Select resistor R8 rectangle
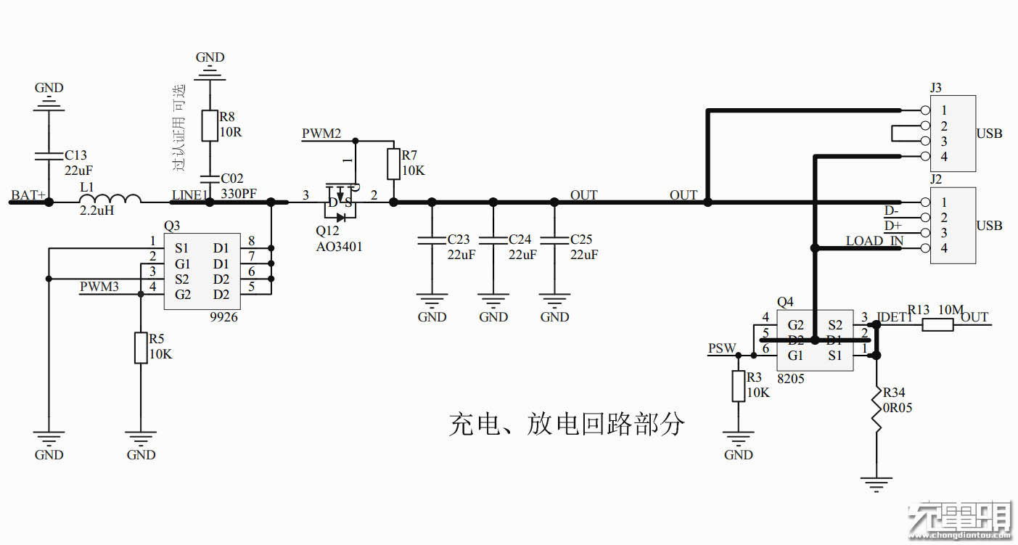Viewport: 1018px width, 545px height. coord(210,126)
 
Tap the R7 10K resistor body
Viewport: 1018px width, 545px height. coord(393,164)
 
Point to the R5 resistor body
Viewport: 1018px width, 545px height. coord(141,348)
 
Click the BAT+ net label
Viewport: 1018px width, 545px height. coord(28,196)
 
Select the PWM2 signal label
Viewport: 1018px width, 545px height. coord(321,134)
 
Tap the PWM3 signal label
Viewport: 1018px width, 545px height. coord(99,287)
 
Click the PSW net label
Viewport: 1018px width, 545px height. coord(722,348)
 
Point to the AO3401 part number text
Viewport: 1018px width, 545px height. coord(339,247)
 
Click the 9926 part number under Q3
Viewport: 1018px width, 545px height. coord(223,317)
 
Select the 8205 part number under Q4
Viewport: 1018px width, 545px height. coord(790,378)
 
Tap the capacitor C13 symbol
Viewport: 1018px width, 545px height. coord(49,155)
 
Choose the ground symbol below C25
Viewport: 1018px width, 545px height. coord(555,300)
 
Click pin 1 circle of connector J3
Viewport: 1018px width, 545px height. coord(924,110)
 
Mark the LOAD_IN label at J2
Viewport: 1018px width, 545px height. coord(874,241)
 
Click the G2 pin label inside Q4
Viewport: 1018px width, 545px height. coord(796,324)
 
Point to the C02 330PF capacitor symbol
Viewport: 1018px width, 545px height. coord(210,178)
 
